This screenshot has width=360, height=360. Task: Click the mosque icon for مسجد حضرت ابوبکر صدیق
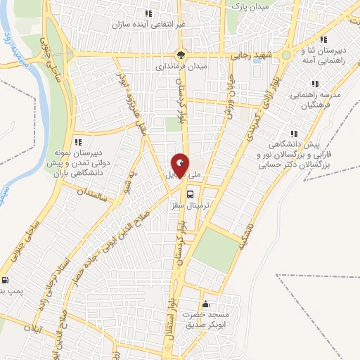coord(205,304)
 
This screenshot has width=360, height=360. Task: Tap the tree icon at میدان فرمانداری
coord(181,55)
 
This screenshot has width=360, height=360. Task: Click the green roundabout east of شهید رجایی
coord(287,55)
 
